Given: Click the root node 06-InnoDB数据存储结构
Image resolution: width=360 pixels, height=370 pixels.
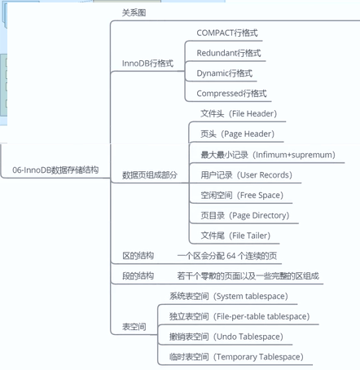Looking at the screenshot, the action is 55,170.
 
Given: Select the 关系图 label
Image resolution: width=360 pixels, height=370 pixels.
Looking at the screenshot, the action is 134,13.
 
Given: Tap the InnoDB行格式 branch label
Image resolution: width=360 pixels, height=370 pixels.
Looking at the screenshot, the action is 147,64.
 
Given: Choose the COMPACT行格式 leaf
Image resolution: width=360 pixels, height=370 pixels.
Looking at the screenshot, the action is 227,33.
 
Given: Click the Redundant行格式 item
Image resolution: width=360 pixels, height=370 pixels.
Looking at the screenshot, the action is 229,53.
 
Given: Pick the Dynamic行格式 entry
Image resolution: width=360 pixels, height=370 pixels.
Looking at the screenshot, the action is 224,73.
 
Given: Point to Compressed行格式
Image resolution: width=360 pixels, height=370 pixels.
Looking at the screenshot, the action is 231,94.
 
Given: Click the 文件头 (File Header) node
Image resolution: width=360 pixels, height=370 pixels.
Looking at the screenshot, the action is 239,113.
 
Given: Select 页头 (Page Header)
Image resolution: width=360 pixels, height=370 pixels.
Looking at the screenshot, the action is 237,134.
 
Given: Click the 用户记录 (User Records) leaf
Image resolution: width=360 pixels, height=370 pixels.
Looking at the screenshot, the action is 246,175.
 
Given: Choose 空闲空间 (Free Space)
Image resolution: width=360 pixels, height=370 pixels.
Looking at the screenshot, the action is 242,195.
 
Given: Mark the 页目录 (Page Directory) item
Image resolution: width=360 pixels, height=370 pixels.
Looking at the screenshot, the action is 245,215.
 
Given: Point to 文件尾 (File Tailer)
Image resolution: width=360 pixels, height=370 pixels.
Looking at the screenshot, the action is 235,236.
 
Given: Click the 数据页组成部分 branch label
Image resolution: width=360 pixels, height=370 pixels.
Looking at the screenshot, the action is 150,175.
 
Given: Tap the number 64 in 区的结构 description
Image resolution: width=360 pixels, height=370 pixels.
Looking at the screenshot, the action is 231,256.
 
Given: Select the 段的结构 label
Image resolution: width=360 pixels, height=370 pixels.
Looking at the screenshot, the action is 138,276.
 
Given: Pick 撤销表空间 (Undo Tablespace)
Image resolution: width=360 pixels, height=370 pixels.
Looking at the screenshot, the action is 226,337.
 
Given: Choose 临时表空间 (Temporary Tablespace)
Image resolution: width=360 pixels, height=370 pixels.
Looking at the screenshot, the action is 236,357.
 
